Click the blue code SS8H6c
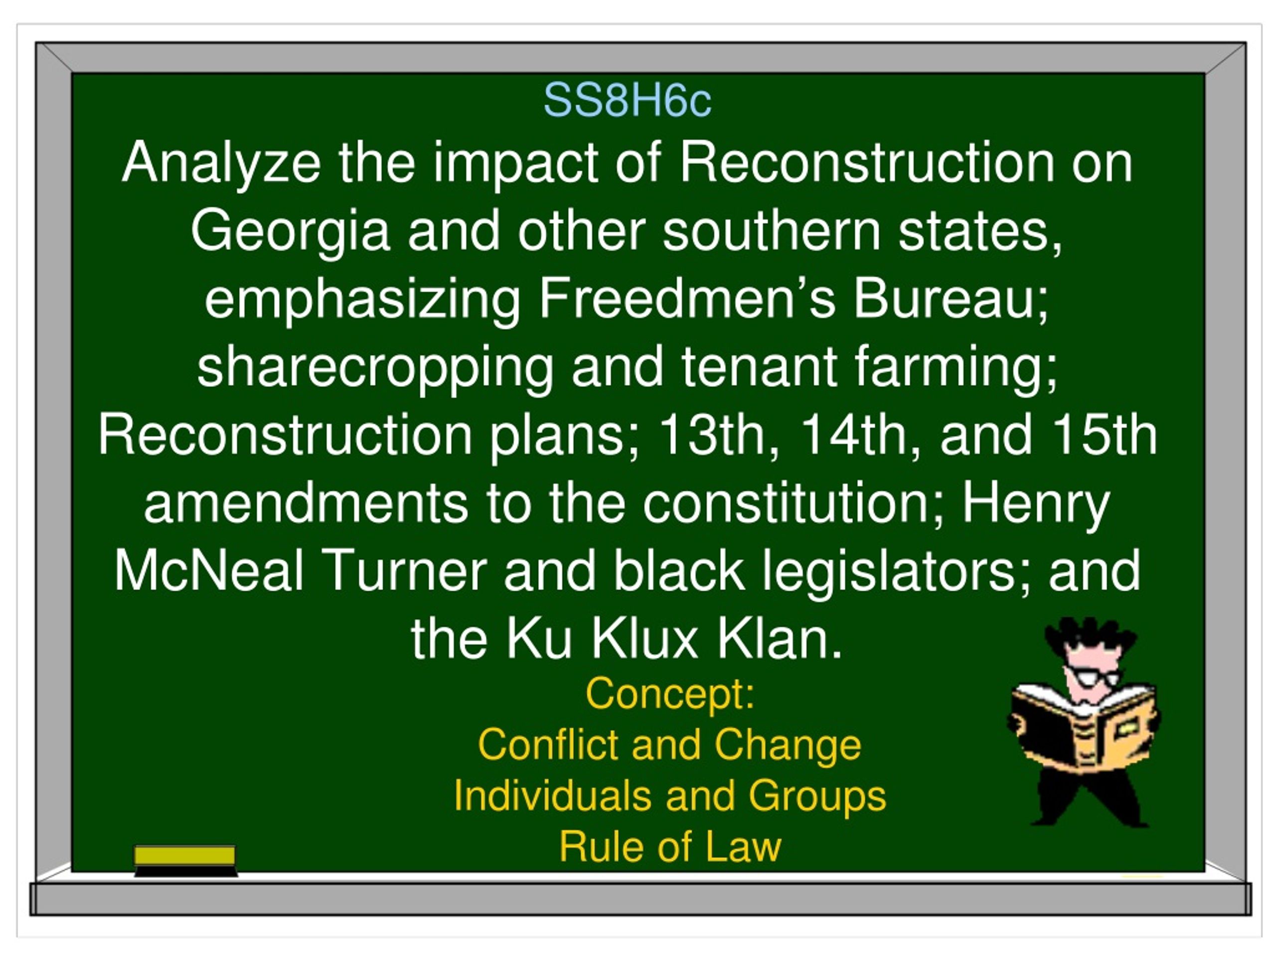[x=627, y=100]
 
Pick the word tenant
[x=759, y=367]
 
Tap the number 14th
[x=859, y=436]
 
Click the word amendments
[x=306, y=503]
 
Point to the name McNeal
[x=209, y=571]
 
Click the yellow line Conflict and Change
[x=669, y=745]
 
